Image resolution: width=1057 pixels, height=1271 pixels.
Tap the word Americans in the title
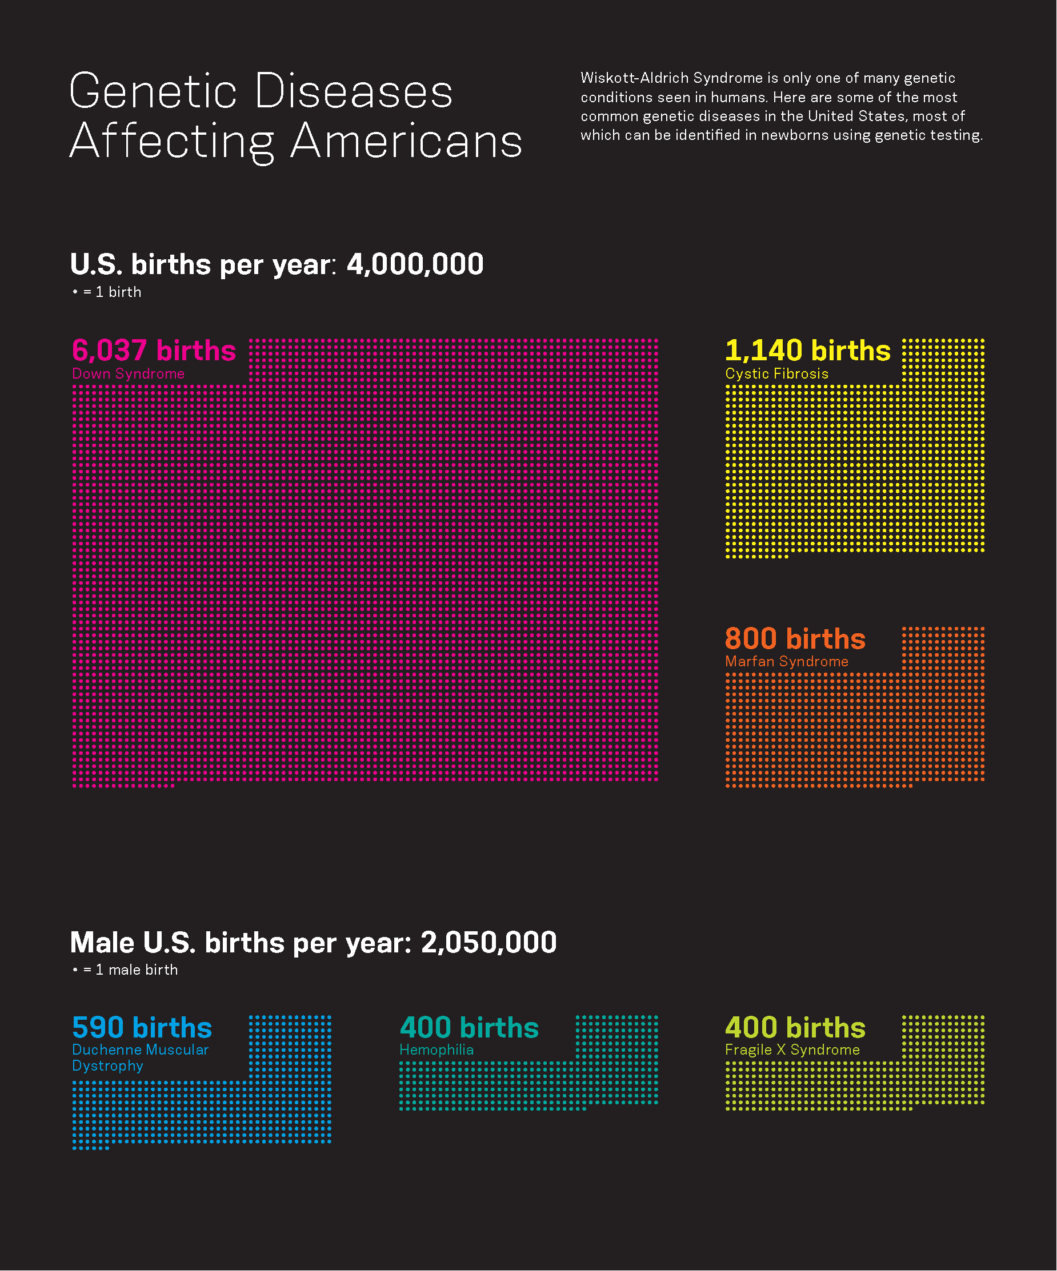click(406, 142)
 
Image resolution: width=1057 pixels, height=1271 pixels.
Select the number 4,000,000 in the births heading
click(415, 264)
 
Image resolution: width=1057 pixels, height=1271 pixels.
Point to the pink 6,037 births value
click(154, 351)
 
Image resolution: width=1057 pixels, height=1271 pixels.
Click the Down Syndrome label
click(129, 374)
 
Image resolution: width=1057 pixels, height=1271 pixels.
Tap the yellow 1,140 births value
click(807, 351)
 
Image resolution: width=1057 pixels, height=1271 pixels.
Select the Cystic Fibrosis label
click(776, 374)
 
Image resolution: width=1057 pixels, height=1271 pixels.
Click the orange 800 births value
click(795, 638)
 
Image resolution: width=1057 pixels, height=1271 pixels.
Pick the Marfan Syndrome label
click(786, 662)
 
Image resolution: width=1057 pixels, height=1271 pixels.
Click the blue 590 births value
click(142, 1028)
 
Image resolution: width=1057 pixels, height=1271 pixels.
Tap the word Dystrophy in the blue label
click(108, 1066)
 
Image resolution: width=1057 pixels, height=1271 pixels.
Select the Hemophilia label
click(436, 1050)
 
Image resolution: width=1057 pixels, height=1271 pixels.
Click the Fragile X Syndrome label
click(792, 1050)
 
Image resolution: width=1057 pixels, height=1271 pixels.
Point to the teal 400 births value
click(469, 1028)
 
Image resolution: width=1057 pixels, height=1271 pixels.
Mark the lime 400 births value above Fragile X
click(795, 1028)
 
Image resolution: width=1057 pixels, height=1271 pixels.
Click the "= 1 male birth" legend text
click(130, 970)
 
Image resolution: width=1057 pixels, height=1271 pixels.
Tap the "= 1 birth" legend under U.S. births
click(111, 292)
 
